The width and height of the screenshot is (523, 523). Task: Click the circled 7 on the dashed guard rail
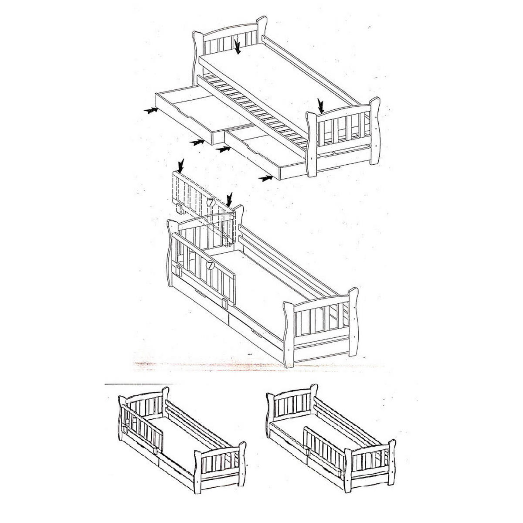tap(211, 202)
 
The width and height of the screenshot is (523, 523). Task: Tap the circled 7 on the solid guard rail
tap(210, 265)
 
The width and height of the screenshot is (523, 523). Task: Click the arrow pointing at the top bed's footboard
tap(321, 105)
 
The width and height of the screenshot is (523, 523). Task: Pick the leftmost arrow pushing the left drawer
tap(151, 110)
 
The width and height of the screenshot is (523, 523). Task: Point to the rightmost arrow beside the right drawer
tap(265, 178)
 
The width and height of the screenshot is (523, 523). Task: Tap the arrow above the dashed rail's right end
tap(230, 200)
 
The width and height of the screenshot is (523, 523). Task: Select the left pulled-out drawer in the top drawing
tap(204, 115)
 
